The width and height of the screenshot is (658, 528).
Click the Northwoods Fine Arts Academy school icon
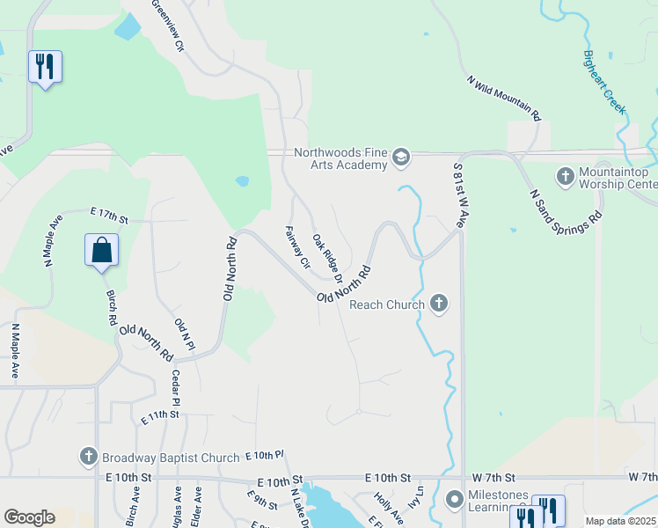401,158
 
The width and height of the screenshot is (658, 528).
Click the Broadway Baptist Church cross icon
88,457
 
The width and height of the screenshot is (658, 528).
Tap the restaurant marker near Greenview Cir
45,66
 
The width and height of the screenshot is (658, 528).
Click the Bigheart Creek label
604,82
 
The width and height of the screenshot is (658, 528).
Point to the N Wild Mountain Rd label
504,98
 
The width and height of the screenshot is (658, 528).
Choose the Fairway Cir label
298,247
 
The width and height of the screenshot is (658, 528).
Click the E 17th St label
109,213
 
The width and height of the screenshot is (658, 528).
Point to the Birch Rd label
112,308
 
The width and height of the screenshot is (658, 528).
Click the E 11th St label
160,414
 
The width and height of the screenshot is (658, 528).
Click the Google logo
29,517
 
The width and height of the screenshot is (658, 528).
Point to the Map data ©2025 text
620,521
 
